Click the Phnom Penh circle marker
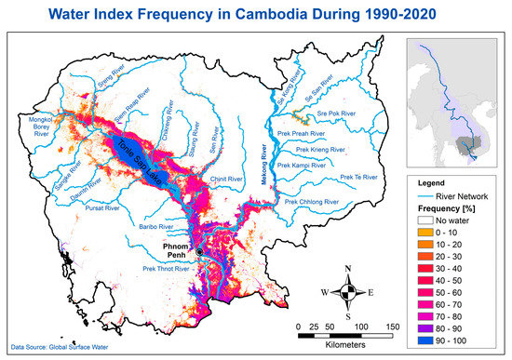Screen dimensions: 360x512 tap(199, 264)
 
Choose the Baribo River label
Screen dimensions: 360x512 tap(154, 226)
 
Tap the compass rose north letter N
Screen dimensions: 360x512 tap(347, 269)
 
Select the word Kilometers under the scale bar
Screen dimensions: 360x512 tap(343, 343)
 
